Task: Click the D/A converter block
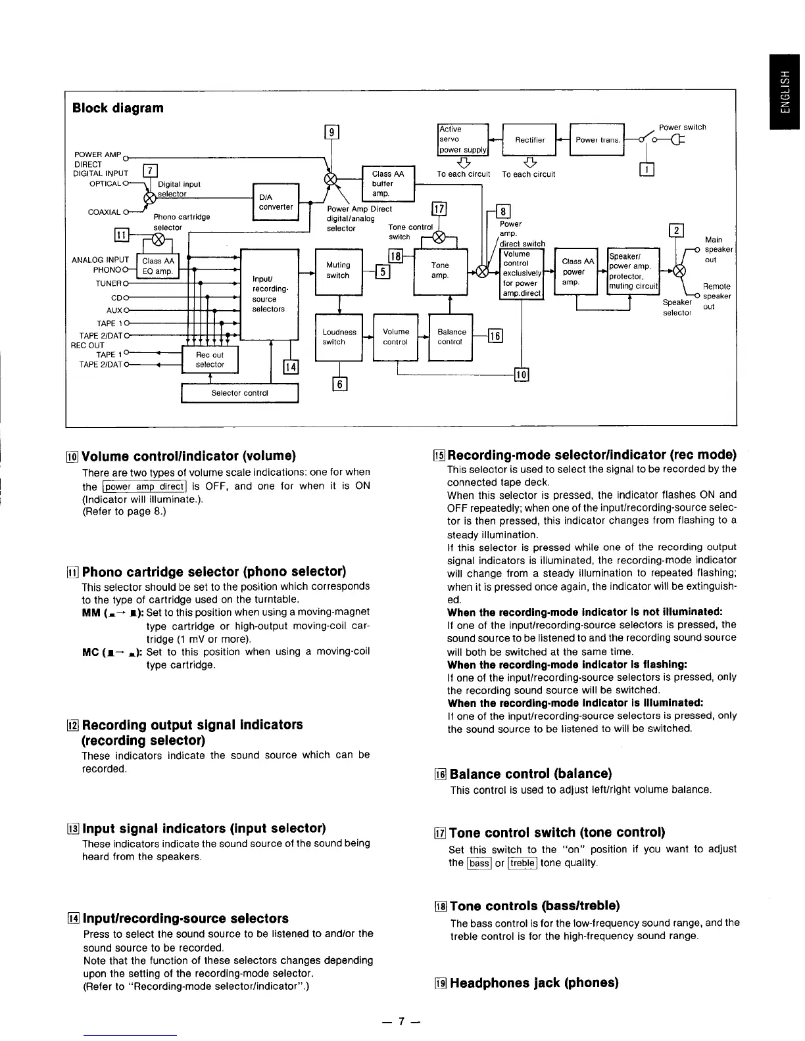[276, 202]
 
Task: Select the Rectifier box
[529, 139]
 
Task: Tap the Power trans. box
[597, 139]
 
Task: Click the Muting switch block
[339, 270]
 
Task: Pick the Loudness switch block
[339, 337]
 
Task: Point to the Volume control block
[395, 337]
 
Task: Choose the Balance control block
[451, 337]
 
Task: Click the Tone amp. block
[440, 270]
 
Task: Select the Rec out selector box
[210, 359]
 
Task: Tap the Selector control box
[239, 393]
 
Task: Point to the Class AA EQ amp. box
[158, 266]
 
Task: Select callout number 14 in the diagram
[290, 367]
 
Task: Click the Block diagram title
[118, 108]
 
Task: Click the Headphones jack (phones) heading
[533, 983]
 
